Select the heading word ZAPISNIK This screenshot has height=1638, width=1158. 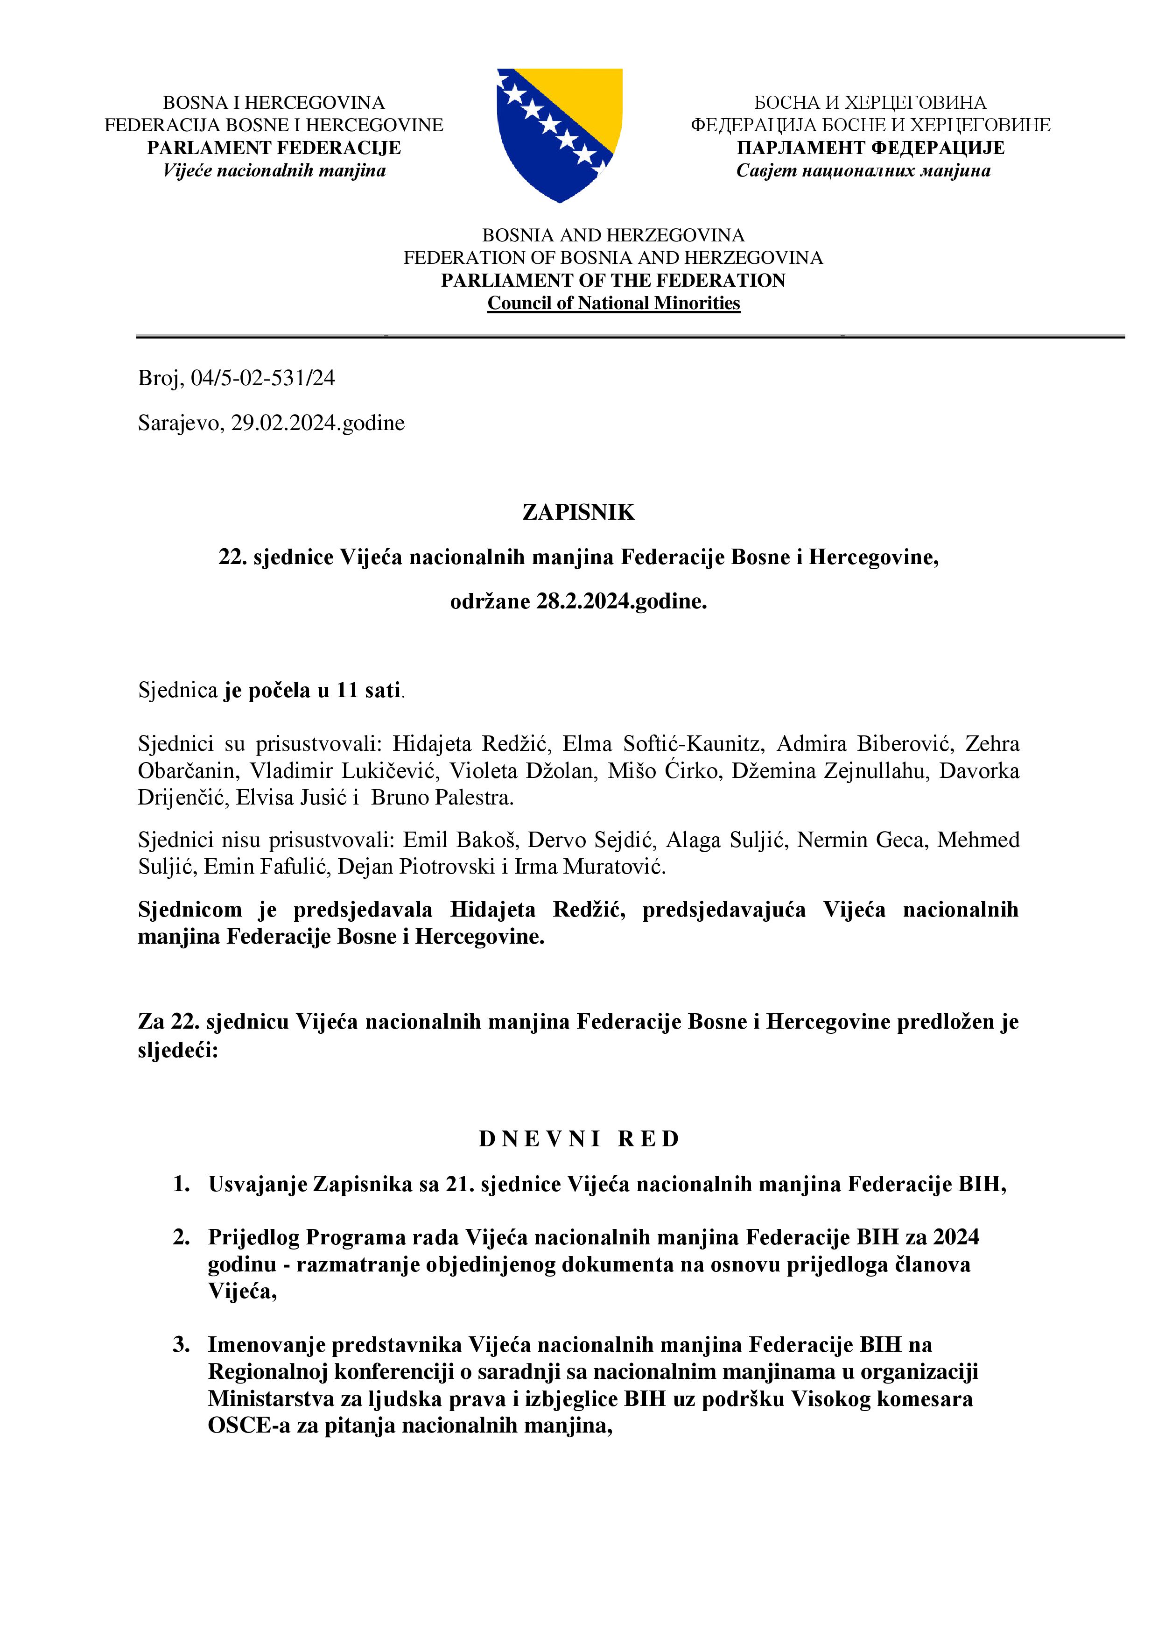tap(578, 512)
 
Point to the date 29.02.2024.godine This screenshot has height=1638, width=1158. tap(317, 423)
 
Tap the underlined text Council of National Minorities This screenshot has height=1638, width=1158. tap(613, 303)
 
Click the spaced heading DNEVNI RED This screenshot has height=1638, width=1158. tap(579, 1139)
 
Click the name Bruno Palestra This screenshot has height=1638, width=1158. tap(442, 798)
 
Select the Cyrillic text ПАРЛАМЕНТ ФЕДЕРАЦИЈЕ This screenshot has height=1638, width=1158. tap(870, 148)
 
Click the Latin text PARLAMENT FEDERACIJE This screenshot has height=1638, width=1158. tap(274, 148)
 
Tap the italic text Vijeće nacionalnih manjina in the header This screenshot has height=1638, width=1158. tap(274, 170)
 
